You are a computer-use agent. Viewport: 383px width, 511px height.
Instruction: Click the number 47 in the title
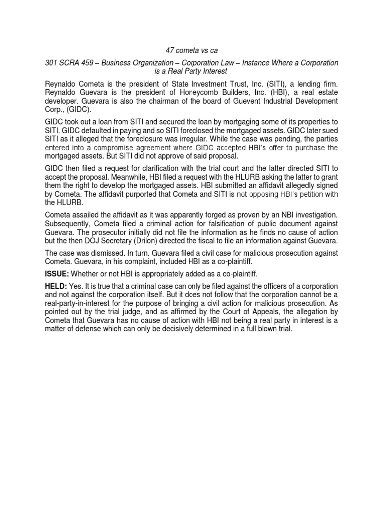click(170, 51)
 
